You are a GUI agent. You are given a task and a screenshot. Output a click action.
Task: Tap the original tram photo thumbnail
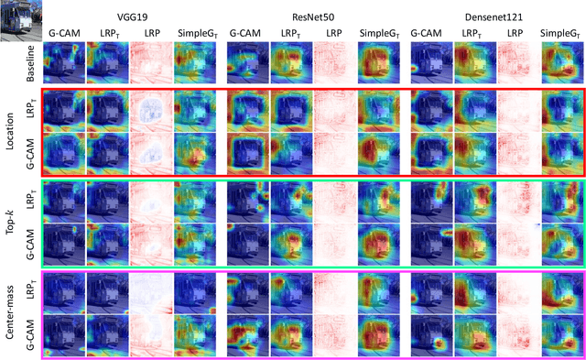[x=19, y=21]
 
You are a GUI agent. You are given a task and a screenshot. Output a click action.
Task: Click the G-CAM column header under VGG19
[x=64, y=33]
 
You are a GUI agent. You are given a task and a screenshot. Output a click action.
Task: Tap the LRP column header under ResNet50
[x=334, y=33]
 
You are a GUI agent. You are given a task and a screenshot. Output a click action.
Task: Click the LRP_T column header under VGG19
[x=107, y=33]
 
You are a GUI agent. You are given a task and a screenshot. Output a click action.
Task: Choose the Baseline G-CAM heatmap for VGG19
[x=64, y=60]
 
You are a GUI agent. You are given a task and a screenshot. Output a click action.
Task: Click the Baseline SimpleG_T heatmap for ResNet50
[x=377, y=60]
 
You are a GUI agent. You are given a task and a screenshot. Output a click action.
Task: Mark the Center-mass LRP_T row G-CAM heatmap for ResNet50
[x=248, y=291]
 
